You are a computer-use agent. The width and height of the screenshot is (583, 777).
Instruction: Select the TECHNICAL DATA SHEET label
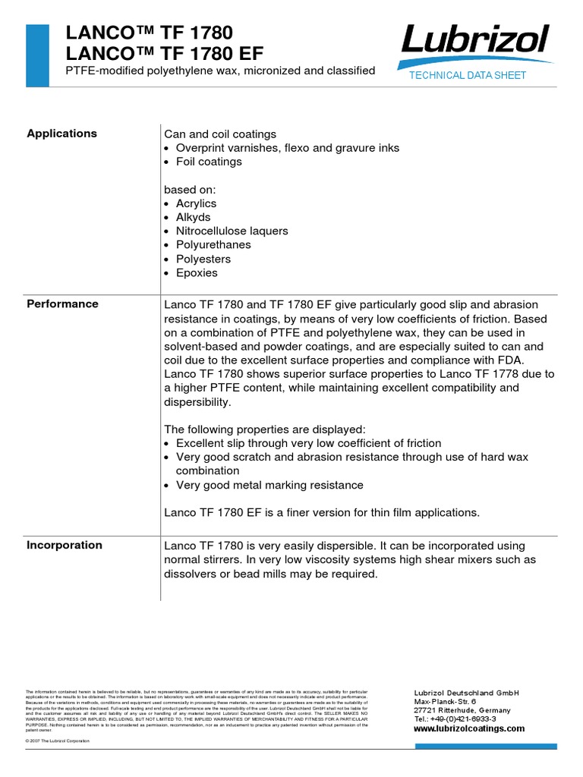[468, 75]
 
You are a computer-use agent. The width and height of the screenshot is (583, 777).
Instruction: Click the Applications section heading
[62, 134]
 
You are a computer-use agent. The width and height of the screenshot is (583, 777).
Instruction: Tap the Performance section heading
[63, 304]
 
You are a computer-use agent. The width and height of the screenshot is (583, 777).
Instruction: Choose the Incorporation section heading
[65, 545]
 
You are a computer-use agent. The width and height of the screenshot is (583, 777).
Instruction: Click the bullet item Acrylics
[196, 203]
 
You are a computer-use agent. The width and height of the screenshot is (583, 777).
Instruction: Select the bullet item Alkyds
[193, 217]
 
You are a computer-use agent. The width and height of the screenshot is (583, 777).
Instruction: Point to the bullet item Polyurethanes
[213, 245]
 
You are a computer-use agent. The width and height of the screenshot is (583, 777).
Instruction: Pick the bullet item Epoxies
[197, 272]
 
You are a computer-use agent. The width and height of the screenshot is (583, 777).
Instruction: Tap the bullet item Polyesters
[203, 259]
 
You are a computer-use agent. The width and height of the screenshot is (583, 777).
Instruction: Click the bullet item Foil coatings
[209, 162]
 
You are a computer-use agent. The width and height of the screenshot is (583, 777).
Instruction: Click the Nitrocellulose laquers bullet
[232, 231]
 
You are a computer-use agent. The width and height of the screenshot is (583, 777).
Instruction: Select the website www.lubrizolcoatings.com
[468, 728]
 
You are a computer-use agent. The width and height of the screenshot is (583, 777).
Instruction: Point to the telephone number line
[455, 719]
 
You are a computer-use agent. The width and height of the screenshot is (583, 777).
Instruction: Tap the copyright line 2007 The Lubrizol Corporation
[58, 741]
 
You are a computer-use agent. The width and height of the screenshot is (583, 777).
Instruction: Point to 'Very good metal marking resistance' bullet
[269, 485]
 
